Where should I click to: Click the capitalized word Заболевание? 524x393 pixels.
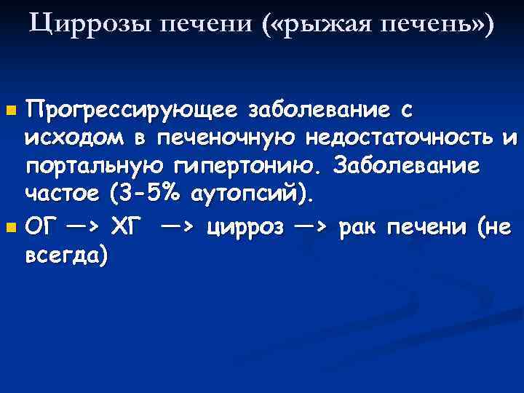point(406,167)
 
